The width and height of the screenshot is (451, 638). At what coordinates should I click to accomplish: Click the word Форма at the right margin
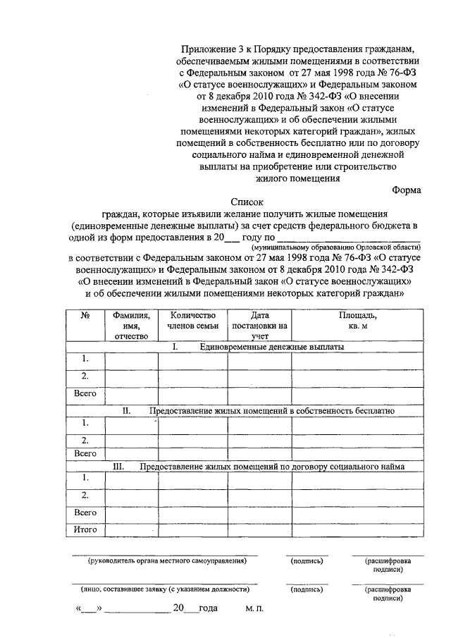tap(407, 189)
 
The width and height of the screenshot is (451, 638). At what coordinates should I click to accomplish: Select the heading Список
tap(247, 201)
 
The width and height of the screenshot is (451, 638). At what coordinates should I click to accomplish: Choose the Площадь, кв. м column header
tap(362, 320)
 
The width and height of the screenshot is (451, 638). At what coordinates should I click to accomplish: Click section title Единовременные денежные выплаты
tap(272, 348)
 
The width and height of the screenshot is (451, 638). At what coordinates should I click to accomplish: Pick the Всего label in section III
tap(85, 513)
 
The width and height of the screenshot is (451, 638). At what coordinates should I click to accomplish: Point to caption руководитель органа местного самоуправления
tap(167, 561)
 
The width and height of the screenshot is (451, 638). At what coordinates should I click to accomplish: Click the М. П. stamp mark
tap(255, 608)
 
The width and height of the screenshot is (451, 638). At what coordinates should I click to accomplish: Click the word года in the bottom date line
tap(208, 608)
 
